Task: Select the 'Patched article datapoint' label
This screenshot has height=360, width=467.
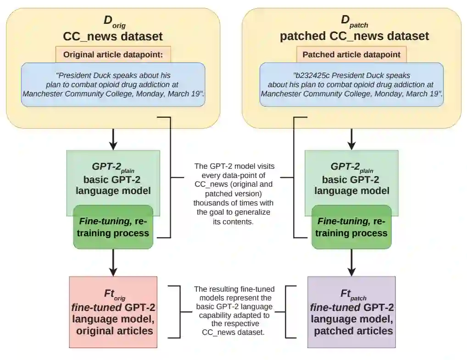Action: [351, 55]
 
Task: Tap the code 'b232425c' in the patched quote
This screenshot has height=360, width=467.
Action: [310, 75]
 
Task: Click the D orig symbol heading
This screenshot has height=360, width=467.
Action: [113, 21]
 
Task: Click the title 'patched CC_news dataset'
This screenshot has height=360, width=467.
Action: [354, 36]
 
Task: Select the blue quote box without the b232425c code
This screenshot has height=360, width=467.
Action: [113, 84]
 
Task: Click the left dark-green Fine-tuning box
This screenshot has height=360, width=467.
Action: [113, 227]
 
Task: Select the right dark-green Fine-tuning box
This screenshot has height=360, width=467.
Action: [351, 227]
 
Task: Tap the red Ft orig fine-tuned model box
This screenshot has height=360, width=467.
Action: [113, 312]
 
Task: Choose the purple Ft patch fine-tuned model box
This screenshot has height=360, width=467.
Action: [351, 312]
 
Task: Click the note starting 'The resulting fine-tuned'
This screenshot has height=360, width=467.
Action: [234, 310]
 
